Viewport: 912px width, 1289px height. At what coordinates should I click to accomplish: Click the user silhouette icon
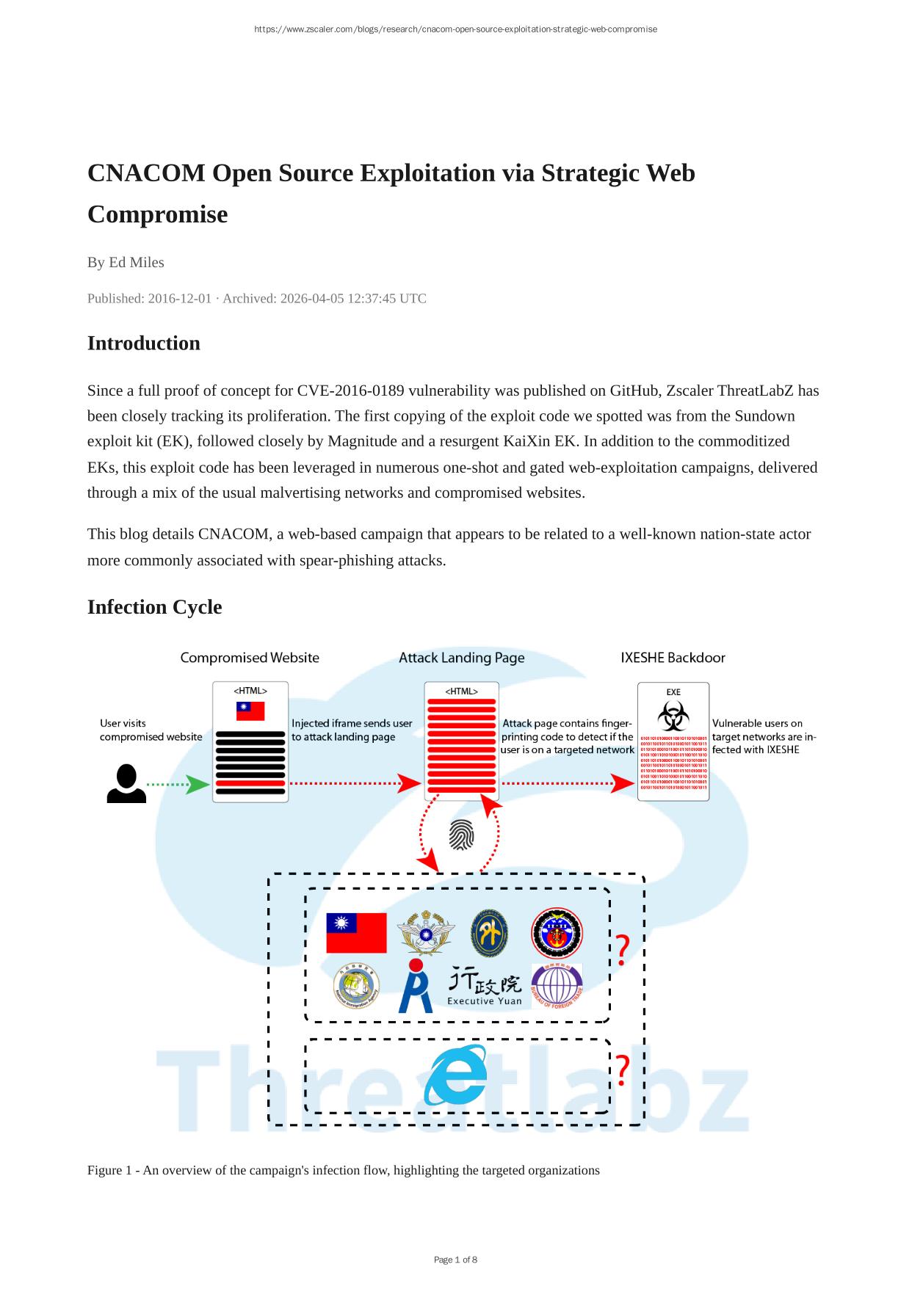[126, 783]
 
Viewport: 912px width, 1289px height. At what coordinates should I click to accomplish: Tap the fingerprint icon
[461, 835]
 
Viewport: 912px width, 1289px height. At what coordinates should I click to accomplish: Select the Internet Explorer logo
[456, 1075]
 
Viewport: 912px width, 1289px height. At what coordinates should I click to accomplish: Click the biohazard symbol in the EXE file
[673, 715]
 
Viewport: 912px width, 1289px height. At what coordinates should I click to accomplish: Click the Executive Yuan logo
[485, 986]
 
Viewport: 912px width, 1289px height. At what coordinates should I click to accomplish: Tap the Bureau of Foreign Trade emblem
[557, 985]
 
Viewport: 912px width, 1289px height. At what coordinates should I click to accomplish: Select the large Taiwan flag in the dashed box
[356, 932]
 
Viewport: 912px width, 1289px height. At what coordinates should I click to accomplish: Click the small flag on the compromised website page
[250, 711]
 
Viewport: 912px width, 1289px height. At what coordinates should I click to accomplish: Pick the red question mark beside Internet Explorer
[622, 1070]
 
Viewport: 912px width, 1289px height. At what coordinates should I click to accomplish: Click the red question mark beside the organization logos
[622, 950]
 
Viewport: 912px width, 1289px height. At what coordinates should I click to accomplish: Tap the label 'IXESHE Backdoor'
[673, 658]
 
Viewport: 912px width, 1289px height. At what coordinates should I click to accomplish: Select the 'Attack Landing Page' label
[461, 658]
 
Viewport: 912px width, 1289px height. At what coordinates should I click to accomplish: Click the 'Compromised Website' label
[250, 658]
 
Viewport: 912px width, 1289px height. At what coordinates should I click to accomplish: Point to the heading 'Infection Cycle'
[154, 607]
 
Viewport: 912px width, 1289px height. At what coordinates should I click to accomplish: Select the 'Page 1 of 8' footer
[455, 1260]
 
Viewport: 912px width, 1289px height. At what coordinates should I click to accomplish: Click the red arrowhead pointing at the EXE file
[624, 784]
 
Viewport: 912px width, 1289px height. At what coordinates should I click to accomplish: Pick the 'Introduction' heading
[143, 343]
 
